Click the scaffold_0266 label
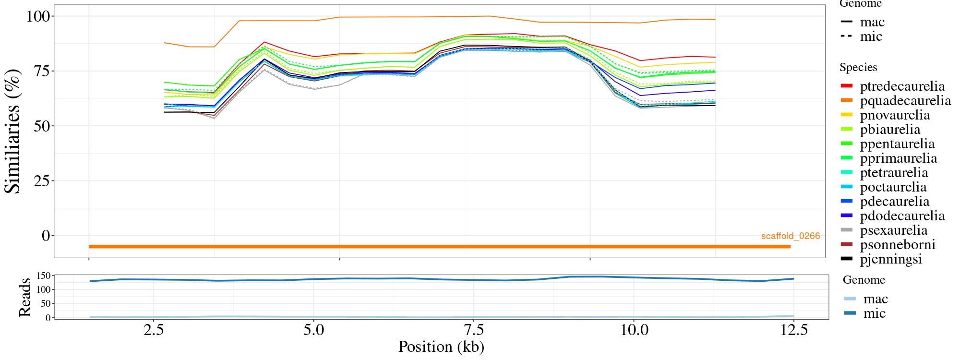790,236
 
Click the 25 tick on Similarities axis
42,181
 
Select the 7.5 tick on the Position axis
474,330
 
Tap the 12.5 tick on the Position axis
793,330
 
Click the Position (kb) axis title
441,347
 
